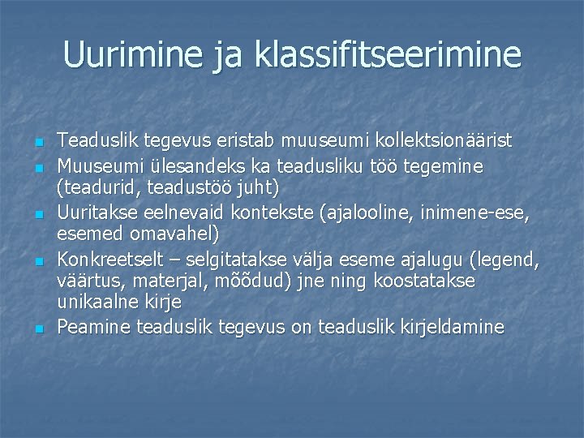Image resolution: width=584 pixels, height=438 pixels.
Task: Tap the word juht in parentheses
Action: pos(258,187)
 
